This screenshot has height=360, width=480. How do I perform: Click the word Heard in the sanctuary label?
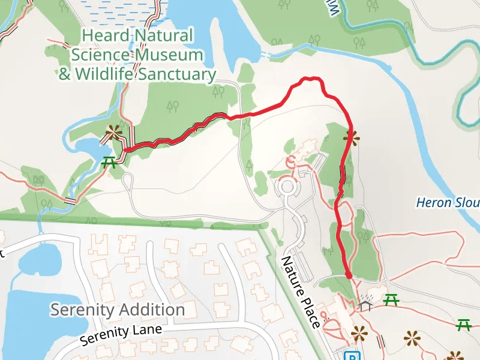pos(104,36)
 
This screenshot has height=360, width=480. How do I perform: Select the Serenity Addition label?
pos(117,310)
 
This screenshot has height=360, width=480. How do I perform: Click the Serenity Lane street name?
pos(121,335)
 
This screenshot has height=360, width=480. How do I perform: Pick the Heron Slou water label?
pos(448,203)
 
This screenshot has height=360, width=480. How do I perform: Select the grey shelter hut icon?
pos(366,305)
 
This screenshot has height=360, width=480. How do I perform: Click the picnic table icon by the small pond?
pos(109,162)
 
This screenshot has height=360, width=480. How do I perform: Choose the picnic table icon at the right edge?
pos(464,325)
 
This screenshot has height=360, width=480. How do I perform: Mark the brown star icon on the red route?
pos(352,138)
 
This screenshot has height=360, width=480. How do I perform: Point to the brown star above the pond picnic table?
pos(113,132)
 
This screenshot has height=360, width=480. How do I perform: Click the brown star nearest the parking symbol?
pos(359,332)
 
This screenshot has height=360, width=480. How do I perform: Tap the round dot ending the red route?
pos(349,275)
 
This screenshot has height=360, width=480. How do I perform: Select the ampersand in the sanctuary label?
pos(64,74)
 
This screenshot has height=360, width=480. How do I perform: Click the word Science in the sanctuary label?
pos(98,55)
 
